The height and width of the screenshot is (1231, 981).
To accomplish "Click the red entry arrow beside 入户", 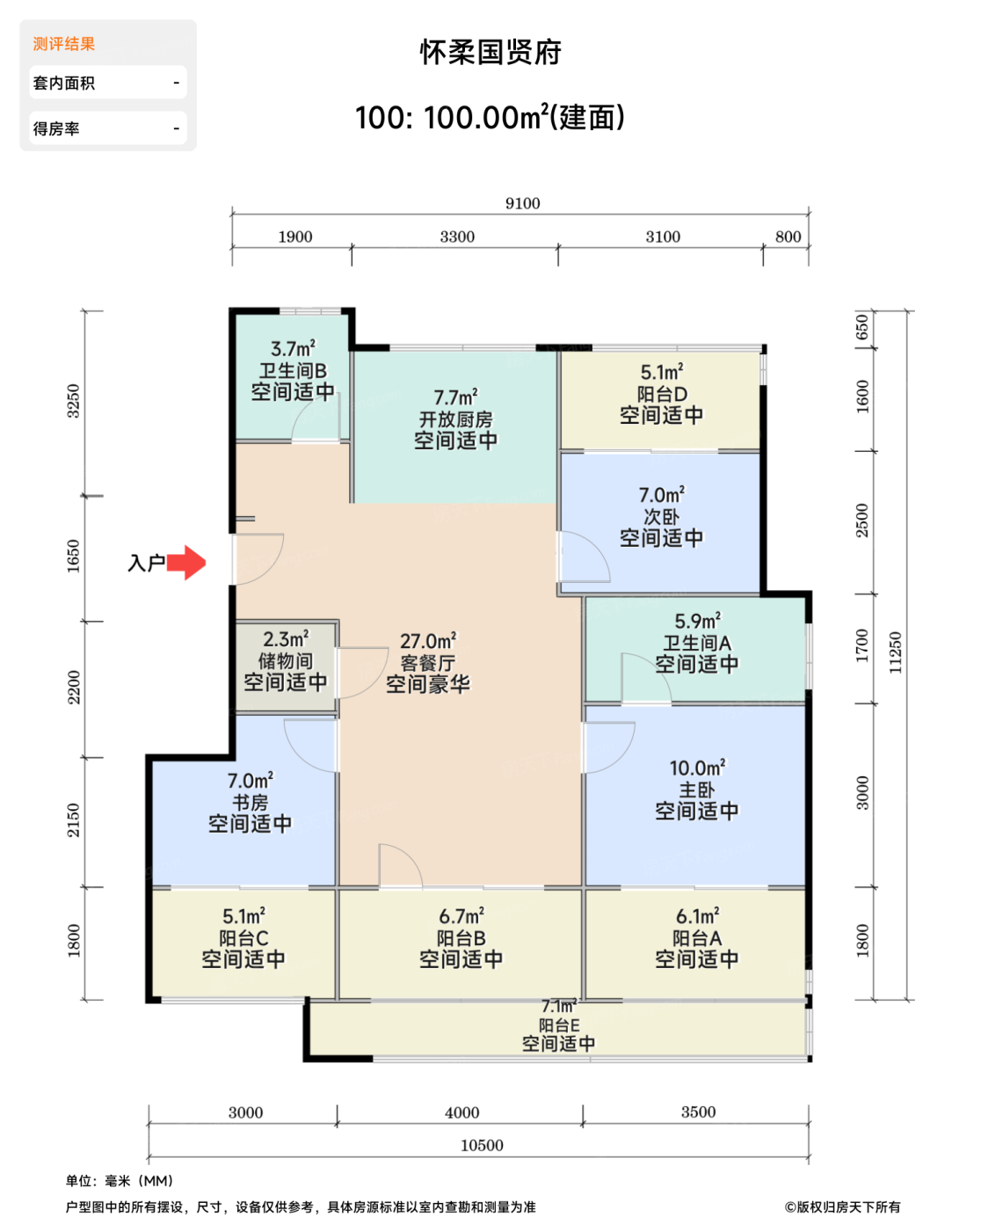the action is point(185,562).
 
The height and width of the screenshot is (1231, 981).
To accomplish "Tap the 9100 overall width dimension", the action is point(522,203).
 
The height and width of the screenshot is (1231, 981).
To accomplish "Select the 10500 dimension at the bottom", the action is point(482,1145).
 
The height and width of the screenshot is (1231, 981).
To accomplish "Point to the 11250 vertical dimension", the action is point(895,652).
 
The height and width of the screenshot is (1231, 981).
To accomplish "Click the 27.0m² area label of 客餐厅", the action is point(428,641).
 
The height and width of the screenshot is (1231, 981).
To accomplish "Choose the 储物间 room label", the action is point(286,660).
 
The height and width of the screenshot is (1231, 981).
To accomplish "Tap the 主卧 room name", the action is point(697,790).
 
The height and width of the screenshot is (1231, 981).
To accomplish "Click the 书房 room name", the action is point(250,802).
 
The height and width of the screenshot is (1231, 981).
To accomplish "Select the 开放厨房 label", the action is point(456,419).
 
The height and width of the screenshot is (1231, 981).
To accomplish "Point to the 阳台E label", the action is point(559,1025).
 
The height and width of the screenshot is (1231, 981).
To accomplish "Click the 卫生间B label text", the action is point(293,371).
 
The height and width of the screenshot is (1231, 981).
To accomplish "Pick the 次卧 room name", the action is point(661,516).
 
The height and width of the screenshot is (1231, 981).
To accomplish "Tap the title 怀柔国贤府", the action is point(490,52).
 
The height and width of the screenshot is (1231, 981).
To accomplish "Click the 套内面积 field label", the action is point(63,83).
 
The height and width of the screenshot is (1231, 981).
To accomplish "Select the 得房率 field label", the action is point(56,128).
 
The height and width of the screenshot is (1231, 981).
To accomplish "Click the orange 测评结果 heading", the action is point(63,44).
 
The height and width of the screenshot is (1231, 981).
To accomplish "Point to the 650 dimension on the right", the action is point(861,326).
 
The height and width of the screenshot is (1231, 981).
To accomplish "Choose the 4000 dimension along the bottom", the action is point(462,1112).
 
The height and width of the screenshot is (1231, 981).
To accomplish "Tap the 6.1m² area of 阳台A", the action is point(697,916).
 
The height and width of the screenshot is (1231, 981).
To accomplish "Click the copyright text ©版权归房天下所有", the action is point(843,1207).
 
